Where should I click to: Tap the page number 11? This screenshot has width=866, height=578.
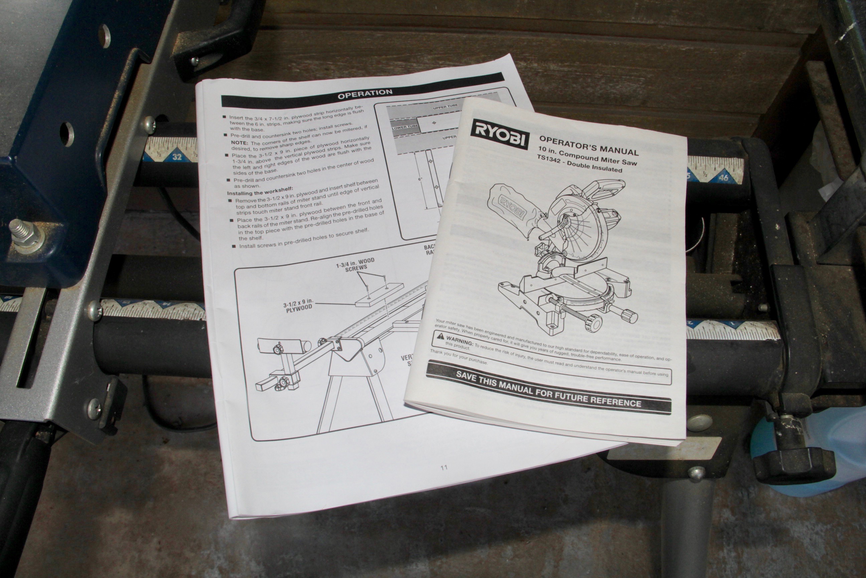coord(444,467)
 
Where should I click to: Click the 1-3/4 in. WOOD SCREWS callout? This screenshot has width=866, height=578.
coord(355,264)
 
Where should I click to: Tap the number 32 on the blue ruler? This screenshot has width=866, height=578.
coord(177,157)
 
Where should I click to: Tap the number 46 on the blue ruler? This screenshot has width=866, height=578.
coord(723,178)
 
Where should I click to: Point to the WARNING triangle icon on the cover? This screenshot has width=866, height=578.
coord(440,336)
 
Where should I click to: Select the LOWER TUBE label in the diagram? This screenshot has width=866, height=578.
coord(405,127)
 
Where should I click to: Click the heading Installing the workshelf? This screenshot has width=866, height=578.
coord(260,192)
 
